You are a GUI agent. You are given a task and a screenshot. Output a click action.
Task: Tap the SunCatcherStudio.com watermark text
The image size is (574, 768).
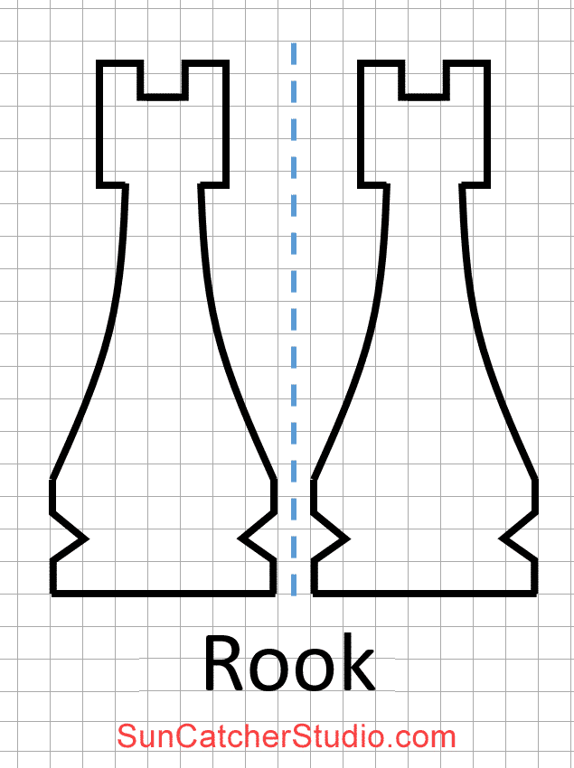287,736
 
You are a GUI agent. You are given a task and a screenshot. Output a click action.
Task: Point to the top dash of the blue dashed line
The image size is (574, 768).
294,52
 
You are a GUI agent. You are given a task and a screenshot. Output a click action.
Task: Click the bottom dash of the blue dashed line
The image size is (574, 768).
294,583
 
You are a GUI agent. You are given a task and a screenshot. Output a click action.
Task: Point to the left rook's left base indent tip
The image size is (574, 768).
85,539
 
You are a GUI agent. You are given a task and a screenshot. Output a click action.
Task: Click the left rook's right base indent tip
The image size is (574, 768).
241,539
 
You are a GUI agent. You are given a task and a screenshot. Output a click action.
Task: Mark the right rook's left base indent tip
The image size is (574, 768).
345,539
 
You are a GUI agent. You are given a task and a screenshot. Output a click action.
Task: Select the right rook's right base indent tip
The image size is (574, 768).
503,539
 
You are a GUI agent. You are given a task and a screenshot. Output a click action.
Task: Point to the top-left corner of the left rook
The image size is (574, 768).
100,63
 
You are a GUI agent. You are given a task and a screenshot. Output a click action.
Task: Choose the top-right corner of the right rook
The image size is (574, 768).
487,63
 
